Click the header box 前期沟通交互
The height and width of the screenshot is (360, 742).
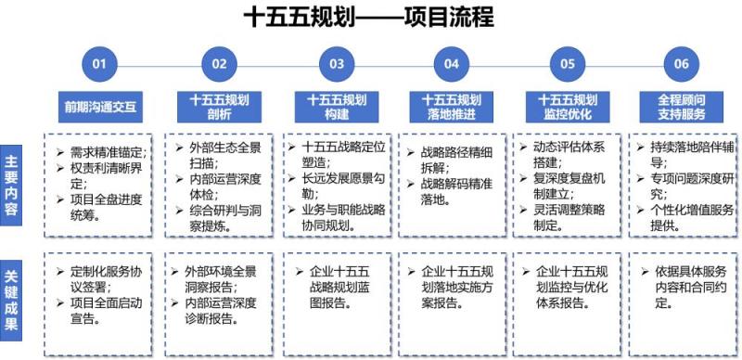coord(100,107)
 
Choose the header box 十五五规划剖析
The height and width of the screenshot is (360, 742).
coord(217,107)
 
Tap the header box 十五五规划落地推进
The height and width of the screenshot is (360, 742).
coord(451,107)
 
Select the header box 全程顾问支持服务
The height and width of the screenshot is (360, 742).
coord(682,107)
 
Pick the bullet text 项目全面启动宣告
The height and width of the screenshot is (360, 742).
coord(104,311)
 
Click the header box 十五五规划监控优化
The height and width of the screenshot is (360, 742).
coord(568,107)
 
